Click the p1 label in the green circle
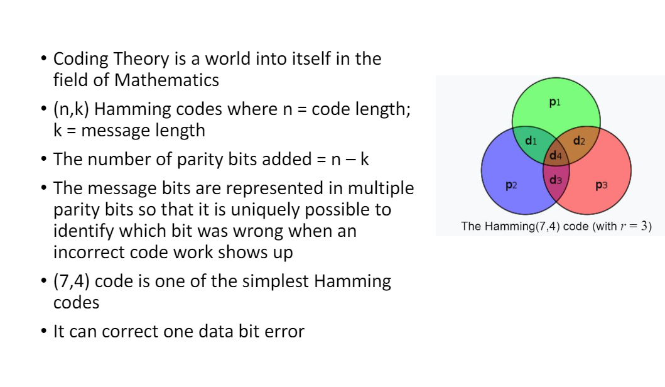[x=554, y=102]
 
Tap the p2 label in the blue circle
[x=511, y=185]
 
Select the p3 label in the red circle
[x=602, y=185]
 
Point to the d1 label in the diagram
[x=531, y=141]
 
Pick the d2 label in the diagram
[x=579, y=141]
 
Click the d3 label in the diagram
[x=556, y=180]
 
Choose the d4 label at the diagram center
[x=556, y=155]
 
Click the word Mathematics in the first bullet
[x=166, y=80]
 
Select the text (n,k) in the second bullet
[x=71, y=109]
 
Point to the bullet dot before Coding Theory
[x=44, y=59]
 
